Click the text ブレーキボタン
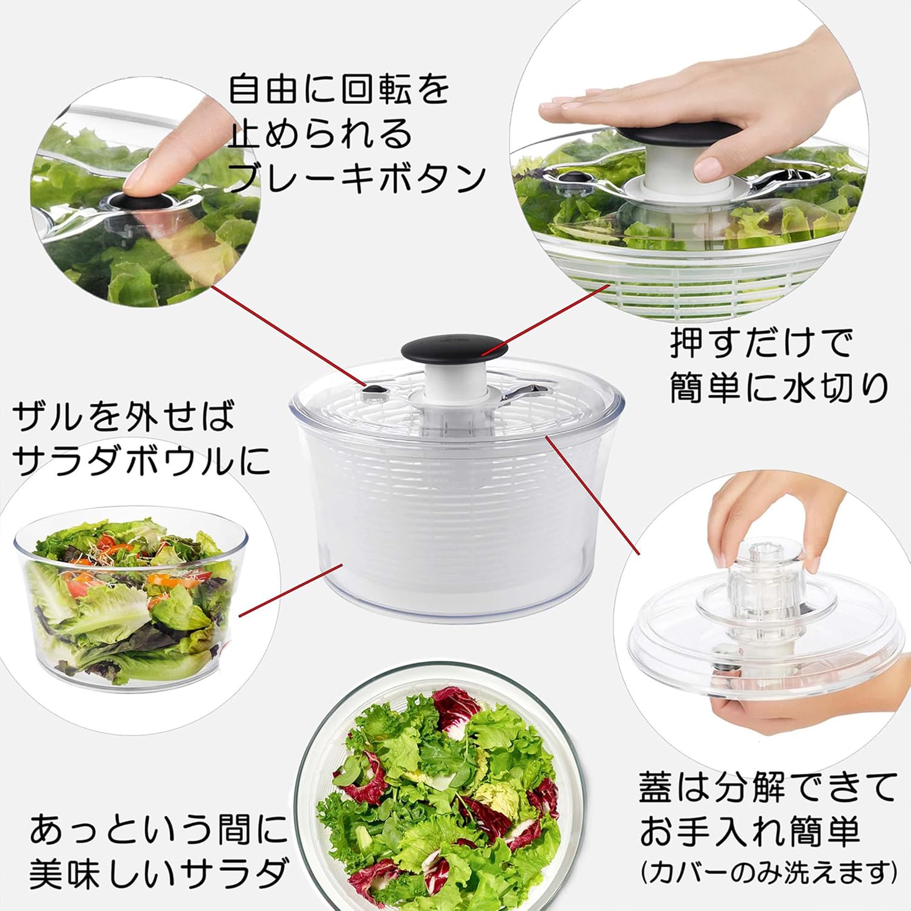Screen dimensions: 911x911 pyautogui.click(x=357, y=178)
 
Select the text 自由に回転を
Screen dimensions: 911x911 pyautogui.click(x=339, y=89)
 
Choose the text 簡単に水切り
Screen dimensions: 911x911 pyautogui.click(x=779, y=387)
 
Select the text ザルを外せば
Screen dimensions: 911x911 pyautogui.click(x=123, y=417)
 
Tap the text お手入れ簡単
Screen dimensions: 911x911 pyautogui.click(x=749, y=831)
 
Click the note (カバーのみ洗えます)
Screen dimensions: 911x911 pyautogui.click(x=768, y=873)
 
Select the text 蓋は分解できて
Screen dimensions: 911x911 pyautogui.click(x=767, y=788)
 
